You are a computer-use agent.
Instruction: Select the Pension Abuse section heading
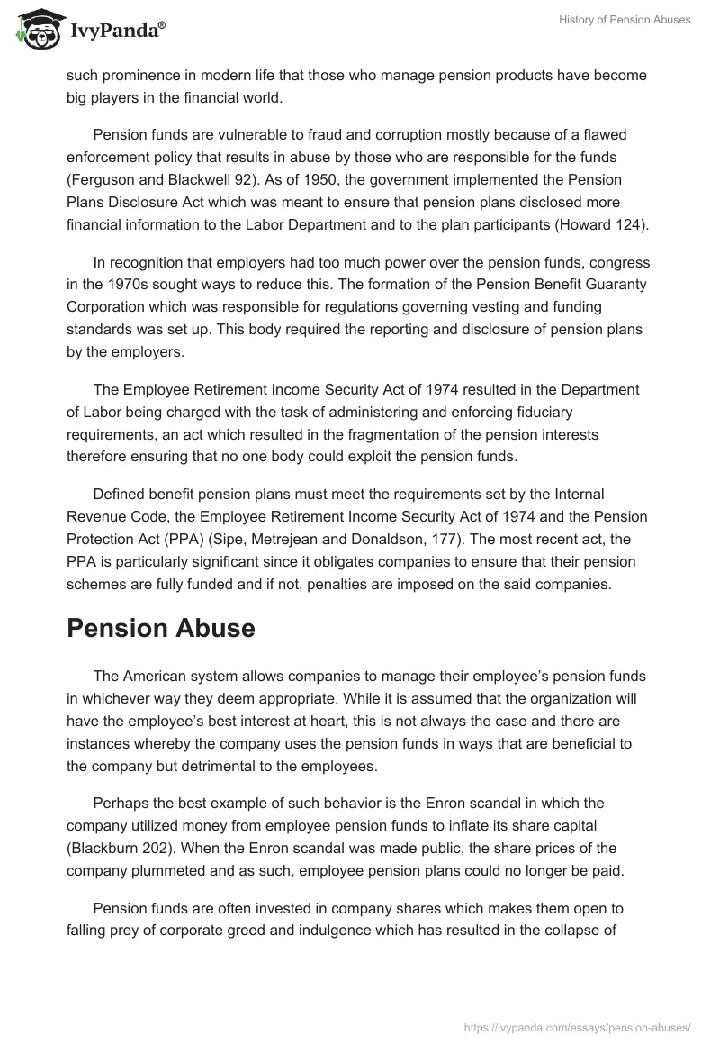tap(161, 628)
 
